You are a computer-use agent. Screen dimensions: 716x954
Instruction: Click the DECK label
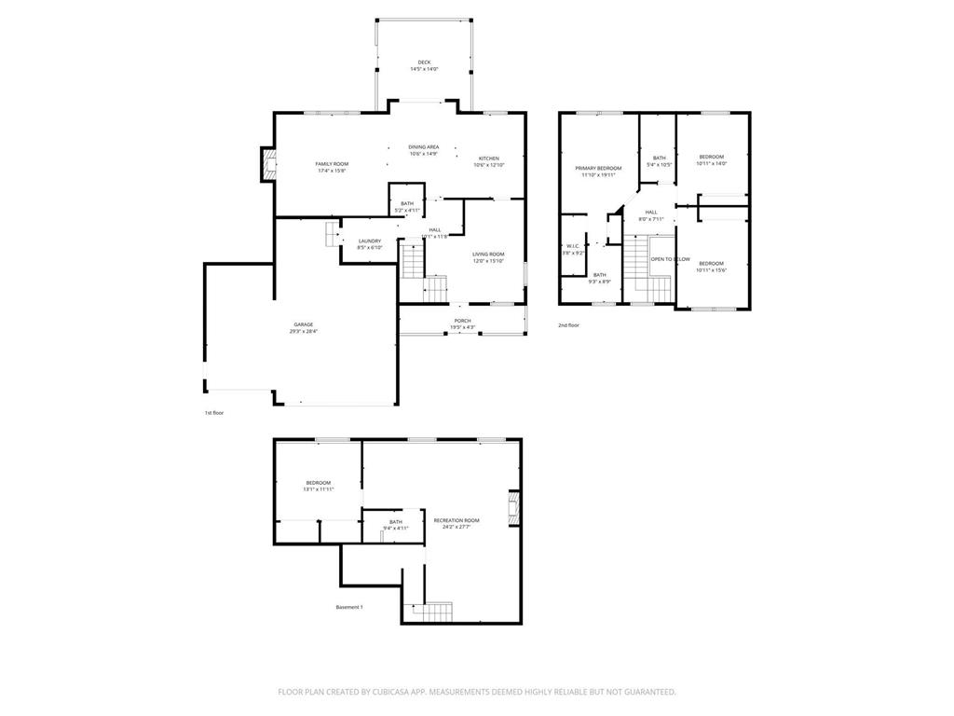424,62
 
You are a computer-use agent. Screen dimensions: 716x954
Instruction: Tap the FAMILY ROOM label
332,164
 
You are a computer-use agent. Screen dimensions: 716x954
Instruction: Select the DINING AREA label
424,146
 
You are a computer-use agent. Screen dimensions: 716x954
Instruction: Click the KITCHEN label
489,158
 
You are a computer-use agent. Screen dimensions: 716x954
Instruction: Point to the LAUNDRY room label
370,241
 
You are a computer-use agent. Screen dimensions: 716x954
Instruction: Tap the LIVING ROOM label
488,255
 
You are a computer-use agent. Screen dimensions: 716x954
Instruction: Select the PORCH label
462,321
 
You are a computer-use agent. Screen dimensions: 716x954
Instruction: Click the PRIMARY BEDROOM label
598,168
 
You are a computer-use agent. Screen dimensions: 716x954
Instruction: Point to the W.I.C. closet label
572,246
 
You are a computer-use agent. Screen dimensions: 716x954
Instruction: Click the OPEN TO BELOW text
670,259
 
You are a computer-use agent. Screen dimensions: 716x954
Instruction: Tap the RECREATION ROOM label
457,520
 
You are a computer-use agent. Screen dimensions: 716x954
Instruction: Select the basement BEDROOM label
318,483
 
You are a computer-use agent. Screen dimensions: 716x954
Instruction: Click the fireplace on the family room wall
268,165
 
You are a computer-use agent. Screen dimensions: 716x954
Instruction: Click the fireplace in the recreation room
513,507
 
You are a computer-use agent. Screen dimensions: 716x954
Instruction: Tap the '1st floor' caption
214,412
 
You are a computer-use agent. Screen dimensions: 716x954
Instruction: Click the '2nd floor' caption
568,325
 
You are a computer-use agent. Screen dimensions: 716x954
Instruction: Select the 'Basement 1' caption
349,607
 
